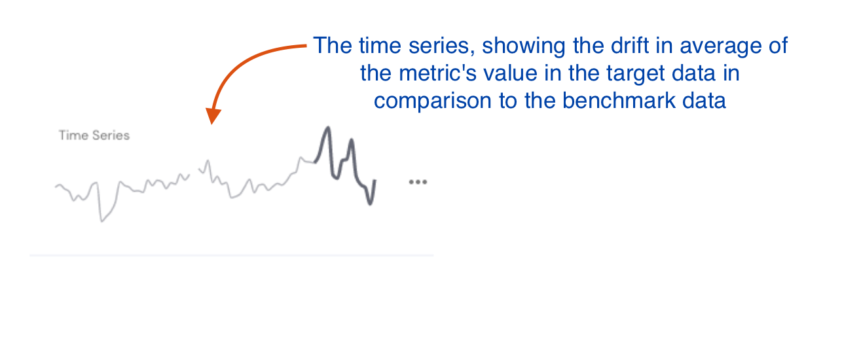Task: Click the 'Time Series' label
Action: (94, 135)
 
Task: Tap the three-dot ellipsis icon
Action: (418, 182)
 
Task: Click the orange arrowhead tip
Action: (211, 124)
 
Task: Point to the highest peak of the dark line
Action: (328, 128)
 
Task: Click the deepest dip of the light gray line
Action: (101, 221)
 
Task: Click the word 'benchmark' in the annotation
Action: (619, 101)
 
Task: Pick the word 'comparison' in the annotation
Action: (433, 101)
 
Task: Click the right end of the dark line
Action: (375, 181)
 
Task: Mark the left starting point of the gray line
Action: (56, 187)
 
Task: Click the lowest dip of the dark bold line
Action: (370, 204)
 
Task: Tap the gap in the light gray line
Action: (194, 173)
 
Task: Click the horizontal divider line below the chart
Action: (232, 255)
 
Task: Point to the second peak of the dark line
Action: (351, 140)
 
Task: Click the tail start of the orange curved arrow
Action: (306, 45)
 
